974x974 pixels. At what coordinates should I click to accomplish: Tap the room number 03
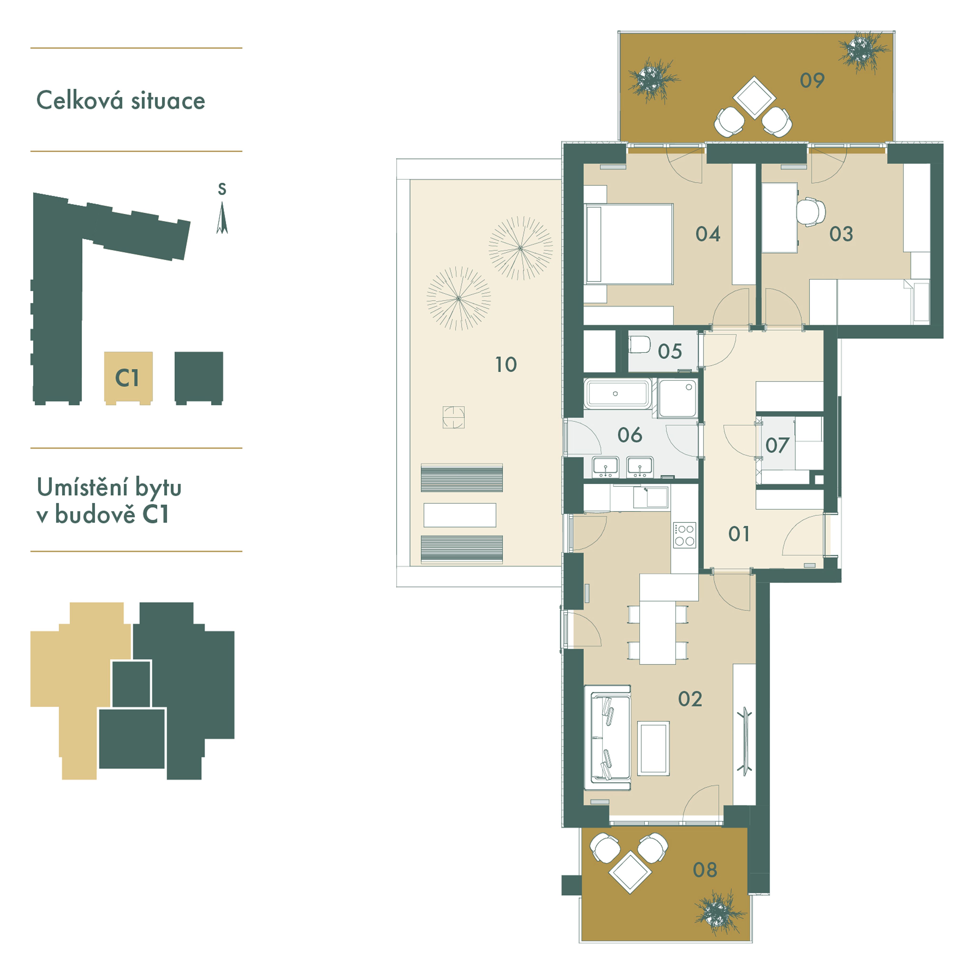point(841,234)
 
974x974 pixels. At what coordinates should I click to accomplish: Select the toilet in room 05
point(639,345)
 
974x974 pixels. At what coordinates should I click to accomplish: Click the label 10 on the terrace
point(506,365)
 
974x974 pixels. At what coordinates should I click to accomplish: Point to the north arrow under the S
point(222,218)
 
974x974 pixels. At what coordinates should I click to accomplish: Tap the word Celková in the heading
point(80,100)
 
